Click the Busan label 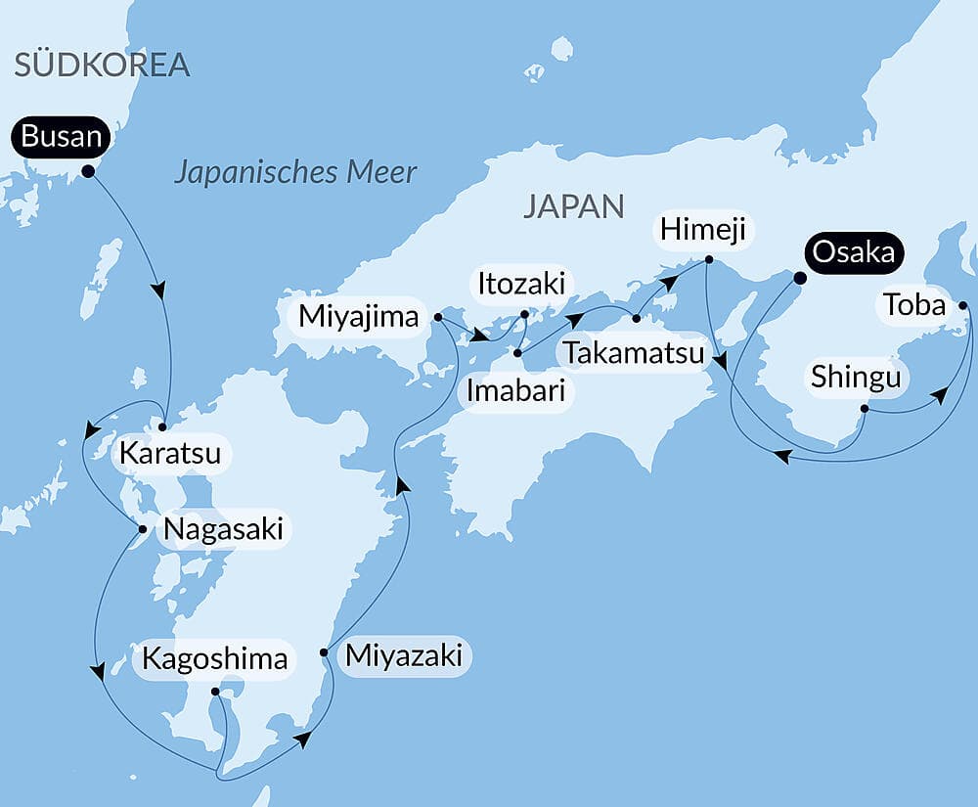pyautogui.click(x=61, y=137)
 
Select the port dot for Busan pyautogui.click(x=88, y=171)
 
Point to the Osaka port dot pyautogui.click(x=799, y=278)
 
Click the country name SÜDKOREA pyautogui.click(x=102, y=66)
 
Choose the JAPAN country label pyautogui.click(x=573, y=206)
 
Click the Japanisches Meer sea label pyautogui.click(x=295, y=173)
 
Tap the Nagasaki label pyautogui.click(x=223, y=530)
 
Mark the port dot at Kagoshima pyautogui.click(x=215, y=692)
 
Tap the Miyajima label pyautogui.click(x=360, y=317)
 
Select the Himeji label pyautogui.click(x=702, y=231)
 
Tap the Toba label pyautogui.click(x=914, y=306)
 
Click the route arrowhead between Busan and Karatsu pyautogui.click(x=157, y=291)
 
